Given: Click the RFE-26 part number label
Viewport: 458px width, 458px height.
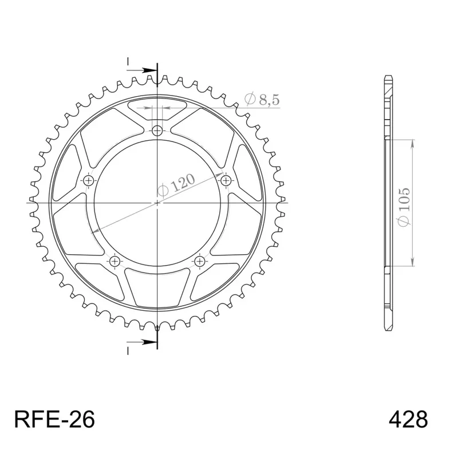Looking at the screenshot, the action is coord(54,420).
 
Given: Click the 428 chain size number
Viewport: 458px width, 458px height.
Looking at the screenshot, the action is coord(408,420).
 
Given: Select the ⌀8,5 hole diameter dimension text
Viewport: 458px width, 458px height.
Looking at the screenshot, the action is coord(262,99).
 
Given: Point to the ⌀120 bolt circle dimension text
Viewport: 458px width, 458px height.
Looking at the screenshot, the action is coord(176,185).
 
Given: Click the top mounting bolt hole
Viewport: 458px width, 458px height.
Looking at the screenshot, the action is coord(157,131).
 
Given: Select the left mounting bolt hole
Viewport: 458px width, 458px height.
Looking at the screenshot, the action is coord(89,181).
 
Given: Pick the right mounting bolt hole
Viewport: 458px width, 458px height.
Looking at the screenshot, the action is coord(226,181).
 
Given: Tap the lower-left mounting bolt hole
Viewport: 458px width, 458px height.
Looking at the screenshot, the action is coord(115,261).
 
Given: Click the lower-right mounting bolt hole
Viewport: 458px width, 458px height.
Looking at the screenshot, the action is coord(200,261).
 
